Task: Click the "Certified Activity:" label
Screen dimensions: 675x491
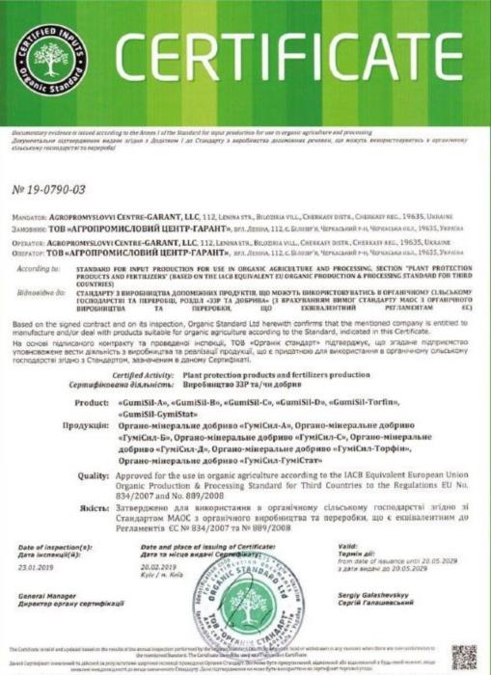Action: [x=142, y=373]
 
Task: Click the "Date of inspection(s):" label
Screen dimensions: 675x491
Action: [x=56, y=547]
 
